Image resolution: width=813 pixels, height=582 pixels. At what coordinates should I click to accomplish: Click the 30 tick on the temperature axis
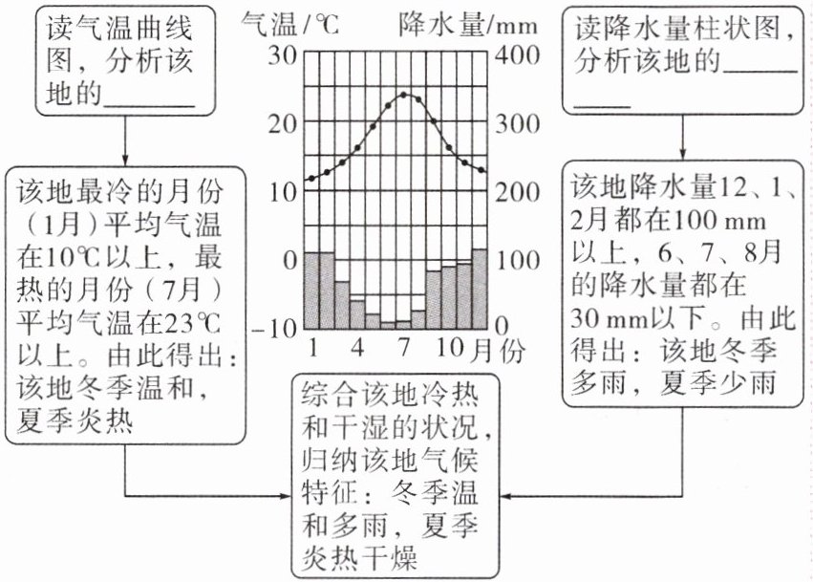tap(284, 54)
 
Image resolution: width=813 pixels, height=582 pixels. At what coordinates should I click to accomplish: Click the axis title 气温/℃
tap(287, 23)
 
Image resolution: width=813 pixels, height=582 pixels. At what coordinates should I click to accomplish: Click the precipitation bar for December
tap(480, 288)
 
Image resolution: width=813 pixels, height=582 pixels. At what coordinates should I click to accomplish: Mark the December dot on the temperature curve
tap(481, 171)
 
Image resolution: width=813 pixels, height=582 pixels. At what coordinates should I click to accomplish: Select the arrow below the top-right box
tap(682, 143)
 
